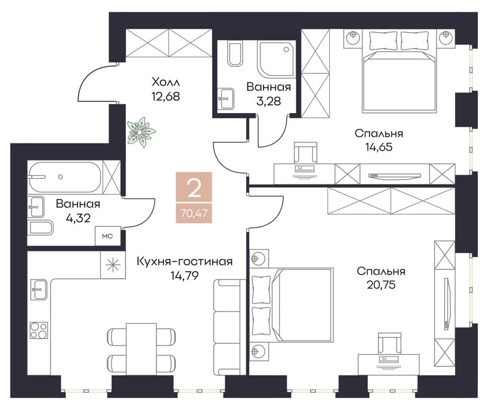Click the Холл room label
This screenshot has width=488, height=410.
(x=165, y=83)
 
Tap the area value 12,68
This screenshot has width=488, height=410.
(x=165, y=97)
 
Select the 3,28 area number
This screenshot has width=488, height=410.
(x=269, y=101)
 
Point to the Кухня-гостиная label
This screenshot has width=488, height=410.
(x=185, y=261)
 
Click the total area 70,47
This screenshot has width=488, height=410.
(x=194, y=214)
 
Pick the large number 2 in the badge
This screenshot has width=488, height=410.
(x=194, y=189)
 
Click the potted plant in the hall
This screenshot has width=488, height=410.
(x=141, y=132)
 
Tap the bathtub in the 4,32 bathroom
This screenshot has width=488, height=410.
(x=65, y=177)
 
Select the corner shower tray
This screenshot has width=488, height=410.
(x=276, y=59)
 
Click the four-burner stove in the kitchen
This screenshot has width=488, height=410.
(x=39, y=330)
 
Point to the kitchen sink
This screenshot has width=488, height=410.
(x=39, y=289)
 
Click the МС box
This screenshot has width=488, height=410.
(x=107, y=236)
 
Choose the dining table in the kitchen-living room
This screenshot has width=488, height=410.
(x=141, y=348)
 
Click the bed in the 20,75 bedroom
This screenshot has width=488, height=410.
(x=292, y=305)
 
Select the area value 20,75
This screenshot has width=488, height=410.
(x=381, y=285)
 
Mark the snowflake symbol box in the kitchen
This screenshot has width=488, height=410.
(x=113, y=265)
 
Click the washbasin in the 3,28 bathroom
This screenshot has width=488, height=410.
(x=226, y=98)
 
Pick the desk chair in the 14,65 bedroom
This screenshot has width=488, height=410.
(x=306, y=152)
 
